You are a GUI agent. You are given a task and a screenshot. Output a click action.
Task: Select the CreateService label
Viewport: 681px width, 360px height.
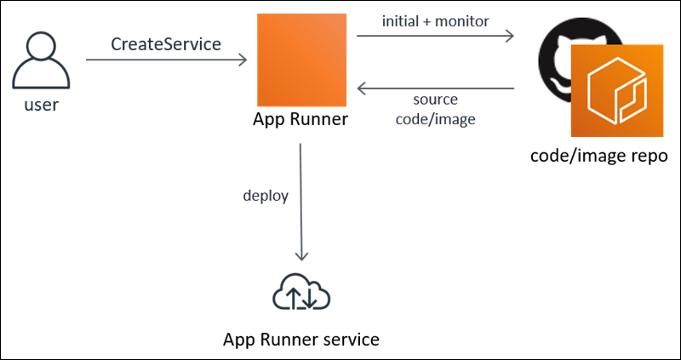coord(166,44)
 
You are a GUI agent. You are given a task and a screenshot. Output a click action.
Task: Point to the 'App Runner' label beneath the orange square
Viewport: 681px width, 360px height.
coord(300,119)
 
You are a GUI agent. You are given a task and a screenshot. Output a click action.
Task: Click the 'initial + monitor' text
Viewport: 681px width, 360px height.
coord(435,21)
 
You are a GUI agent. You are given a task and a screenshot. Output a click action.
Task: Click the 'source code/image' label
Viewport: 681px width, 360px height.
coord(435,111)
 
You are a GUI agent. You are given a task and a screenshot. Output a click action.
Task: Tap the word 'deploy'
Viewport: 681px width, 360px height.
coord(266,196)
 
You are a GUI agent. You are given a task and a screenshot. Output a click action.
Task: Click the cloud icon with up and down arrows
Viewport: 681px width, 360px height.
coord(300,294)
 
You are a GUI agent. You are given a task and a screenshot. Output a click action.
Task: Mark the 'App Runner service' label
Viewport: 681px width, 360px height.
coord(300,340)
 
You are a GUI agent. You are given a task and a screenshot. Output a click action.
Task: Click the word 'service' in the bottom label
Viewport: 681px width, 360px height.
coord(348,340)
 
